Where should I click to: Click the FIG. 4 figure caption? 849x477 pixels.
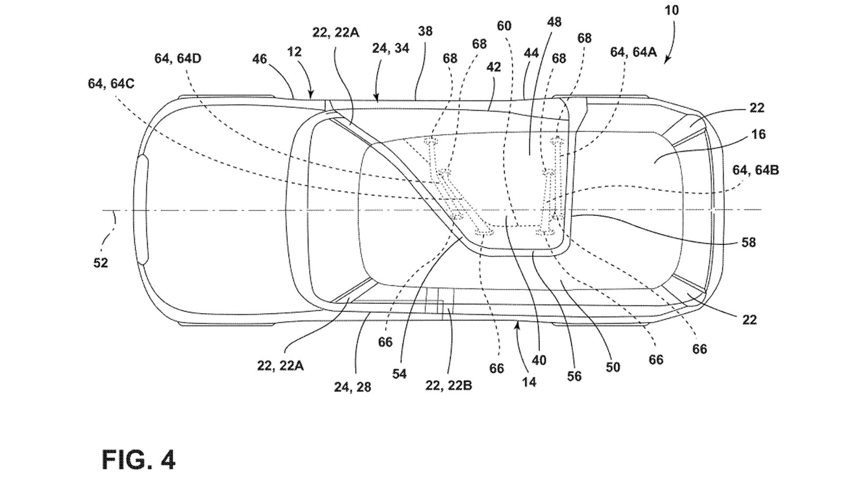(x=138, y=459)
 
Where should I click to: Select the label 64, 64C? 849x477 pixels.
(x=111, y=84)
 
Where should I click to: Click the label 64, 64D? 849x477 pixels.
(x=178, y=58)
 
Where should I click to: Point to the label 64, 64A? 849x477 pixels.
(x=634, y=51)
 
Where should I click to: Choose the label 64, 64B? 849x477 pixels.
(x=756, y=170)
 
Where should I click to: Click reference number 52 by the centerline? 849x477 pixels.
(x=100, y=262)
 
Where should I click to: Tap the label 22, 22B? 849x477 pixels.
(x=448, y=385)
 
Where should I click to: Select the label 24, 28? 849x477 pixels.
(x=352, y=387)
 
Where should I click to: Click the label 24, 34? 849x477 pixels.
(x=391, y=48)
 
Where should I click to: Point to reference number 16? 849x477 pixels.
(x=759, y=134)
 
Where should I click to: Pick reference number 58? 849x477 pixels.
(x=748, y=242)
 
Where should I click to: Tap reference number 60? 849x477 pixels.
(x=504, y=25)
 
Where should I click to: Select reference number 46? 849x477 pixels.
(x=259, y=59)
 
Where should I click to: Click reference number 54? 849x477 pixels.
(x=399, y=374)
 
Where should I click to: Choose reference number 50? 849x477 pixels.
(x=612, y=367)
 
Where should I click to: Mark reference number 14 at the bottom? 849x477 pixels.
(x=529, y=382)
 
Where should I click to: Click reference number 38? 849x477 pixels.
(x=425, y=31)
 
